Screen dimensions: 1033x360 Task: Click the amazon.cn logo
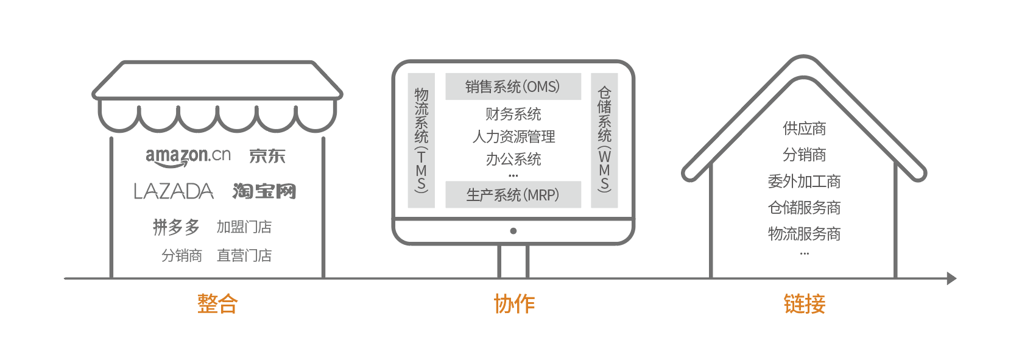pos(188,157)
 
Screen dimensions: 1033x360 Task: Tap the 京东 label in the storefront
pos(267,157)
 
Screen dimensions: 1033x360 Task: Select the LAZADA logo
pos(174,192)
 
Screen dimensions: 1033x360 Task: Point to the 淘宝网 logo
pos(264,191)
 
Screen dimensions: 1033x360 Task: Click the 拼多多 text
pos(176,227)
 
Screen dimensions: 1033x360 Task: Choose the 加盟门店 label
pos(244,227)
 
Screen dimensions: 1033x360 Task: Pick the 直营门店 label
pos(244,256)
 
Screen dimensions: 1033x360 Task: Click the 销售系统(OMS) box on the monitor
pos(513,86)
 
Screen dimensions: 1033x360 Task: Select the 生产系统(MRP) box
pos(513,195)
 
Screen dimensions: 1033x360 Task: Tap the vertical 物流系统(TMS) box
pos(421,140)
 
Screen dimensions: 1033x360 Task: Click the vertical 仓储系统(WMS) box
pos(604,140)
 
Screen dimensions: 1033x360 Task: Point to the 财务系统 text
pos(513,114)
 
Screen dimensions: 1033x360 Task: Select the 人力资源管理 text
pos(513,136)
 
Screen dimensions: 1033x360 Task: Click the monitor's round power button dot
pos(513,231)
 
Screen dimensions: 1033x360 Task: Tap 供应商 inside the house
pos(804,129)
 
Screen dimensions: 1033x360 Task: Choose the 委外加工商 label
pos(804,182)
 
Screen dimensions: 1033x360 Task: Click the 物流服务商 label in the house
pos(804,234)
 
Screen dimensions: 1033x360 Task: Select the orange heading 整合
pos(217,303)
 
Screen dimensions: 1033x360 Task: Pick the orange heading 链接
pos(804,303)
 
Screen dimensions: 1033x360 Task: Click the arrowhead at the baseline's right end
pos(951,278)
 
